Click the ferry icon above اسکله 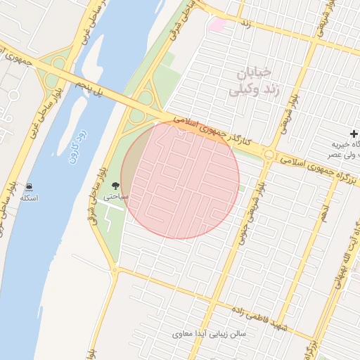pos(29,187)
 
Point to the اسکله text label pos(29,199)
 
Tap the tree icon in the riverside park pos(115,186)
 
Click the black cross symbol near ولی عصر pos(354,134)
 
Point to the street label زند pos(246,25)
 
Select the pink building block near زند pos(217,25)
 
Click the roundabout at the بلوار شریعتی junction pos(269,155)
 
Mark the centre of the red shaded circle pos(180,180)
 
